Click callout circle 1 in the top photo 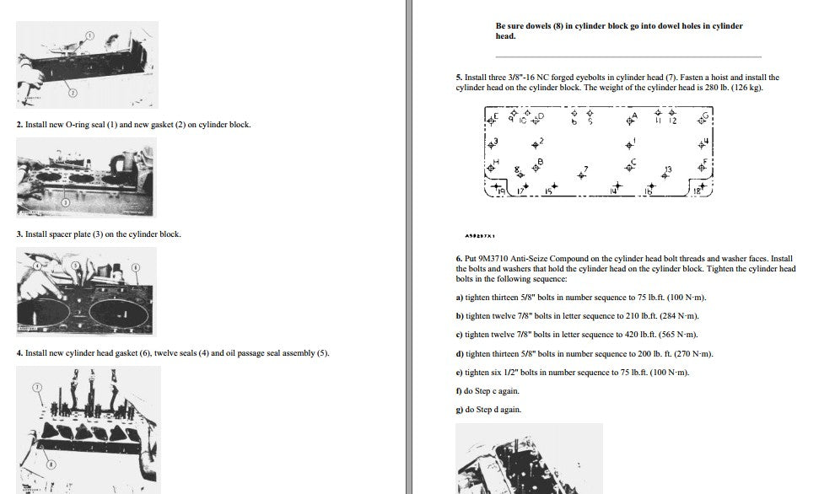90,35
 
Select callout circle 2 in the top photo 73,93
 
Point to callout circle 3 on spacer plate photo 66,202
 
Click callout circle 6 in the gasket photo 136,267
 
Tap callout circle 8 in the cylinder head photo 51,464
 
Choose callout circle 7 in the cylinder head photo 37,387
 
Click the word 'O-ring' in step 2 78,125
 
